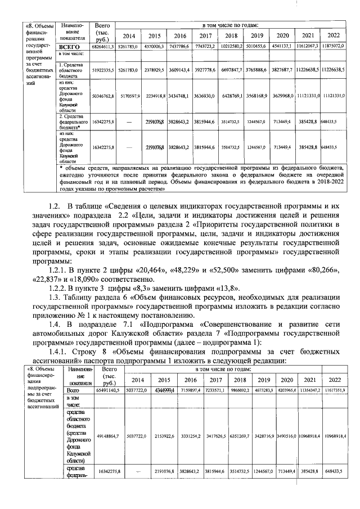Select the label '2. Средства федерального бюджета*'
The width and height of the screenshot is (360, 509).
[73, 121]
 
